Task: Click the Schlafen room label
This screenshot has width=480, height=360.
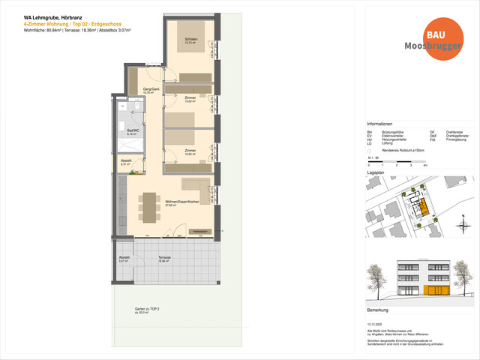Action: (x=190, y=40)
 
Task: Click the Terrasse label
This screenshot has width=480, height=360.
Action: (x=164, y=258)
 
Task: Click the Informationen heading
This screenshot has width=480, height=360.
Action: (x=380, y=124)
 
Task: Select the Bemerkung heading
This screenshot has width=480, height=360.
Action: (x=377, y=309)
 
